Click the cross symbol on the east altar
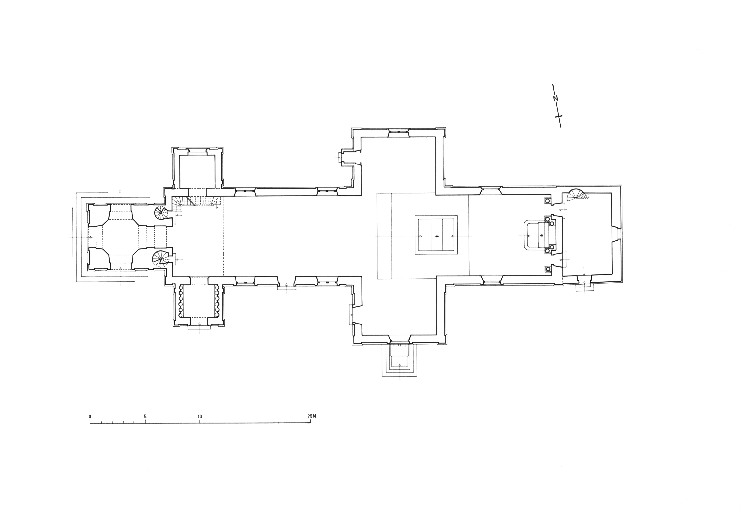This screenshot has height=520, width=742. (542, 235)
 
